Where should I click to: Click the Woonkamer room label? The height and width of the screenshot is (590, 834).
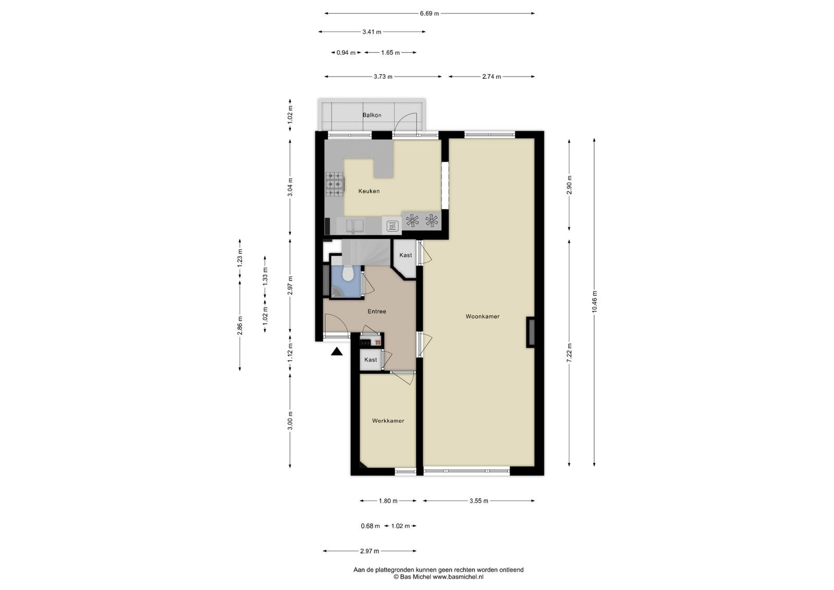coord(482,316)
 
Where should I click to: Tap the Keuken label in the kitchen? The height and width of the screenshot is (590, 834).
coord(369,191)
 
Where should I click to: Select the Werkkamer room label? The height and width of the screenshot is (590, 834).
coord(388,421)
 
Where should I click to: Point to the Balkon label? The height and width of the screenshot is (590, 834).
coord(372,115)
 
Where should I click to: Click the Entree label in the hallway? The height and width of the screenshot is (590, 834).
coord(377,311)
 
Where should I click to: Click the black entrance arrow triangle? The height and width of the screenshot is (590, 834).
coord(337,351)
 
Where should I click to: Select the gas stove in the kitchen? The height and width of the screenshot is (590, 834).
coord(334,184)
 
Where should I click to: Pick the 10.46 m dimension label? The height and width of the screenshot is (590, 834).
coord(594,301)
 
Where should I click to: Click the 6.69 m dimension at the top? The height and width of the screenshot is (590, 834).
coord(430,14)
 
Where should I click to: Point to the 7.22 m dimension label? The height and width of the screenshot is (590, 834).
coord(569,353)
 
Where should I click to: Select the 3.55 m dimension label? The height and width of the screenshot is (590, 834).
coord(479,501)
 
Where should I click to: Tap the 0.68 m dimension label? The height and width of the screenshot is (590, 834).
coord(370,526)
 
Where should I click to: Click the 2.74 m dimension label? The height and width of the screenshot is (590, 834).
coord(492,77)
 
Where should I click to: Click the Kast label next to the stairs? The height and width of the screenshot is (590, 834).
coord(406,255)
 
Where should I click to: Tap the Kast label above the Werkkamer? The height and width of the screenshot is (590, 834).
coord(371,360)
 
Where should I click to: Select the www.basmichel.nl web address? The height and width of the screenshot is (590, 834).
coord(458,577)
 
